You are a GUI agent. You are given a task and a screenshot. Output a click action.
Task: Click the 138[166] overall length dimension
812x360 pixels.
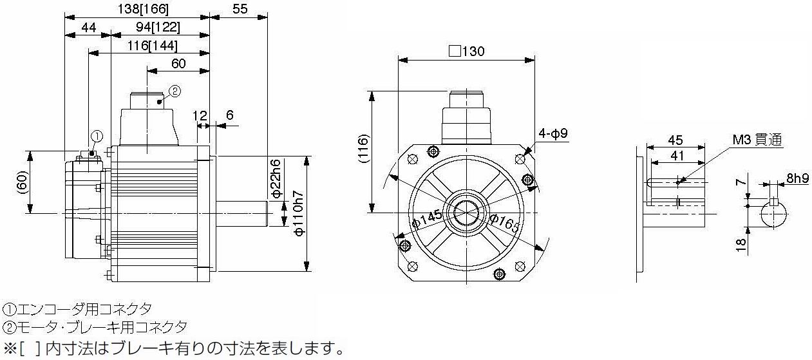[x=143, y=9]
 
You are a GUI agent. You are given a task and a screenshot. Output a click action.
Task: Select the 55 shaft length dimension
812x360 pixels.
[x=240, y=9]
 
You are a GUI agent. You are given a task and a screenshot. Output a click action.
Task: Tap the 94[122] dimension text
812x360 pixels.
[x=158, y=27]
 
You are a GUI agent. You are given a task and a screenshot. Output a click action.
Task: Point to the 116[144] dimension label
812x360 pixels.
[x=152, y=46]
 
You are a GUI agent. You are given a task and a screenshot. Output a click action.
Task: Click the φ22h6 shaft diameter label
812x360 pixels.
[x=276, y=178]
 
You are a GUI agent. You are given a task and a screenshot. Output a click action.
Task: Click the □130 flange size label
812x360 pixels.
[x=467, y=51]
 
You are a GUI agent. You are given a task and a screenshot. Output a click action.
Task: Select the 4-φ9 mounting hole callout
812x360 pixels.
[x=552, y=133]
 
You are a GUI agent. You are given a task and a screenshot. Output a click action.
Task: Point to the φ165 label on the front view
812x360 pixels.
[x=504, y=223]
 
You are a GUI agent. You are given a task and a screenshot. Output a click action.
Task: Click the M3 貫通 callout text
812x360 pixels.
[x=757, y=140]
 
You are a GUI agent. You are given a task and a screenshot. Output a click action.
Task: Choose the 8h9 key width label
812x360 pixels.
[x=797, y=178]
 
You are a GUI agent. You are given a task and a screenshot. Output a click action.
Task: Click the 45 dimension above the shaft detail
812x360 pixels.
[x=675, y=140]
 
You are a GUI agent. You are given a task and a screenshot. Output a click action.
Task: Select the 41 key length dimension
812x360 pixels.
[x=677, y=156]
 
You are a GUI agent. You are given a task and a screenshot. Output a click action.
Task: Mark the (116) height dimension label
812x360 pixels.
[x=363, y=149]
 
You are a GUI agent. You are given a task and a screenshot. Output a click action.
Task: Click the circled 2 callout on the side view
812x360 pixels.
[x=175, y=91]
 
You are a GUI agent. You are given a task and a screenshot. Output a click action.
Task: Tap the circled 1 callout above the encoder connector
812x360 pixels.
[x=97, y=137]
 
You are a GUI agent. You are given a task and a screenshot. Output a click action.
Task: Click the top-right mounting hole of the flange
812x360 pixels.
[x=520, y=159]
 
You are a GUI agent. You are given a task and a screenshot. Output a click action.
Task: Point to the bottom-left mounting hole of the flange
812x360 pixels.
[x=413, y=267]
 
